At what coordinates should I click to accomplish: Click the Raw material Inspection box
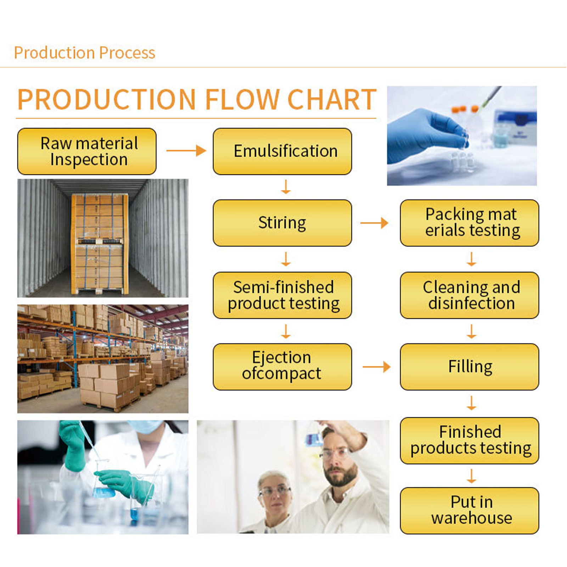(87, 151)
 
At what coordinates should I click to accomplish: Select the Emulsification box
(282, 151)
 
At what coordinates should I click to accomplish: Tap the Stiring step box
(282, 223)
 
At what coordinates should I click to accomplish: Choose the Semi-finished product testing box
(282, 295)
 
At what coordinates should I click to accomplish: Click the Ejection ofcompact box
(282, 367)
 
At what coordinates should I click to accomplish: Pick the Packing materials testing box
(469, 223)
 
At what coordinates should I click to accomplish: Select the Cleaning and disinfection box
(469, 295)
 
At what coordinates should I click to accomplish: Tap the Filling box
(469, 367)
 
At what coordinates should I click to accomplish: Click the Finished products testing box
(469, 440)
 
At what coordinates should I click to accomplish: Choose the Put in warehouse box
(469, 511)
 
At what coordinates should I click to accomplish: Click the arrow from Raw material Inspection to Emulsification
(186, 151)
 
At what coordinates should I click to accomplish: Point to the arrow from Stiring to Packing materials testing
(374, 223)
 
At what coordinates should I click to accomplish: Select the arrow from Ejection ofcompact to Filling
(376, 367)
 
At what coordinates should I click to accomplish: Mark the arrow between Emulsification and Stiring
(286, 187)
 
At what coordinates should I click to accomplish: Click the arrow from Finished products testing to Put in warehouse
(471, 476)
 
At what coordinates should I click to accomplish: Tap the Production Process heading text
(84, 53)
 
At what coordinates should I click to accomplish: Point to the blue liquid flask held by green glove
(103, 491)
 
